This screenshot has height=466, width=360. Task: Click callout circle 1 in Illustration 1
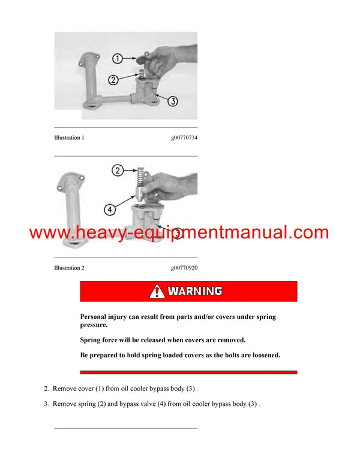click(118, 59)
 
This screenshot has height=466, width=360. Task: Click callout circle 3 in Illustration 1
click(172, 101)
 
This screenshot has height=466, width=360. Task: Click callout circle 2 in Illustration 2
click(119, 171)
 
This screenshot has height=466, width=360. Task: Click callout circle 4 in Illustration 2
click(109, 210)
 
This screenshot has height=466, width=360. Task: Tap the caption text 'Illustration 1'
click(69, 138)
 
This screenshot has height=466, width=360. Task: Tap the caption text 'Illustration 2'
click(69, 268)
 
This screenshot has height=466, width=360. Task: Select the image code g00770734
click(184, 138)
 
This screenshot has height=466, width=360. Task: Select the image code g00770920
click(184, 268)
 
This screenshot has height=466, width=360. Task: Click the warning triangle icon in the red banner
click(157, 291)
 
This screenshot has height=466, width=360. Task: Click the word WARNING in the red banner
click(195, 291)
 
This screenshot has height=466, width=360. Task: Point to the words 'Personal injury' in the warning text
click(104, 316)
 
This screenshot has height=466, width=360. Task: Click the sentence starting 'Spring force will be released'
click(163, 340)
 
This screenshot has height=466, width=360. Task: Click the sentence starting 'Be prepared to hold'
click(180, 355)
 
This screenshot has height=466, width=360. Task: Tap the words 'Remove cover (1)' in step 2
click(79, 389)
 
